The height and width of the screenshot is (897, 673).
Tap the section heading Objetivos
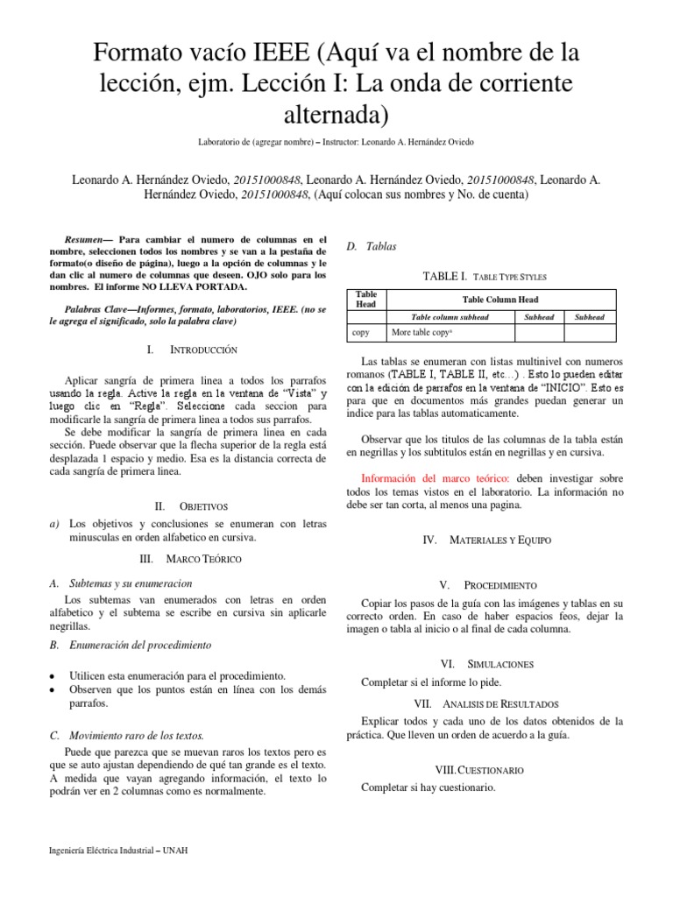[x=191, y=506]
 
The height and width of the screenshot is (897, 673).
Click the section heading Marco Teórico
[x=191, y=558]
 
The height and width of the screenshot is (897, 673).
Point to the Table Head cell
[x=366, y=300]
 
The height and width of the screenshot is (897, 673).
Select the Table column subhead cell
[x=450, y=317]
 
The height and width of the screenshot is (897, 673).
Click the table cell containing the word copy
[x=360, y=333]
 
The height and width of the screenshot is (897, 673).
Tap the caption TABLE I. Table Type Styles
[x=485, y=276]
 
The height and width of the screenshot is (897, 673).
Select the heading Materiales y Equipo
[x=487, y=541]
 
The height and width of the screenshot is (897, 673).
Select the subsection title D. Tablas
[x=372, y=247]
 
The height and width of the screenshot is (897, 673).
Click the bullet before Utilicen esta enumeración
[x=55, y=677]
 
